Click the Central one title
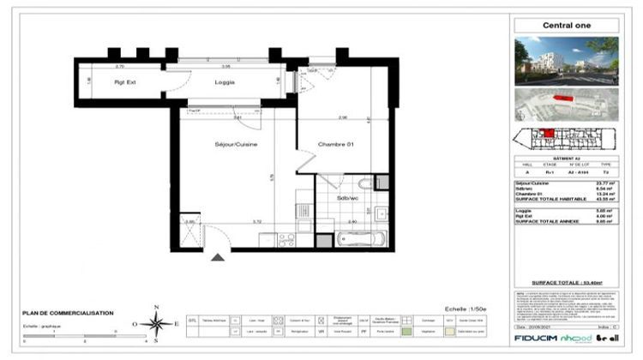(568, 25)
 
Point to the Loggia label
(225, 82)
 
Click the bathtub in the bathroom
(355, 237)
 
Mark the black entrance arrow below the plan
(219, 255)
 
